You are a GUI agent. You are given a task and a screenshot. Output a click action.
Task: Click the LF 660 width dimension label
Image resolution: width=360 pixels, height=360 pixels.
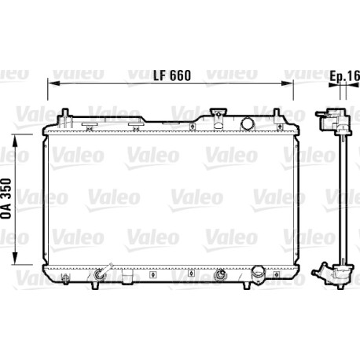pos(172,75)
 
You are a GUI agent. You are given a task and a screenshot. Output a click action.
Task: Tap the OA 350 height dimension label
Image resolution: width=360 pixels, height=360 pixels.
pos(6,198)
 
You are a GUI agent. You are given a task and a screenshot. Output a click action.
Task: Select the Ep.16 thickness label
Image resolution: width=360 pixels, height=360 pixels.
pos(344,76)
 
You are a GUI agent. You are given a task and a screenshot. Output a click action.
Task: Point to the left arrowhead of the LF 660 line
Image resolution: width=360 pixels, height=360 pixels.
pos(53,83)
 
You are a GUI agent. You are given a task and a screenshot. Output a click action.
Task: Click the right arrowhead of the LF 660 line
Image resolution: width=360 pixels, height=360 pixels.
pos(287,83)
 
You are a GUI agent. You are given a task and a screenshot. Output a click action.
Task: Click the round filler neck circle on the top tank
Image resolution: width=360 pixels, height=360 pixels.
pos(247,123)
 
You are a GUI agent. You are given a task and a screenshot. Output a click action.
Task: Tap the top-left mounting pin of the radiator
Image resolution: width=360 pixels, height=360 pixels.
pos(65,113)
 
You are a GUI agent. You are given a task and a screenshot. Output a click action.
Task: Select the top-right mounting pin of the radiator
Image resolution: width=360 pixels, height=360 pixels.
pos(276,113)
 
